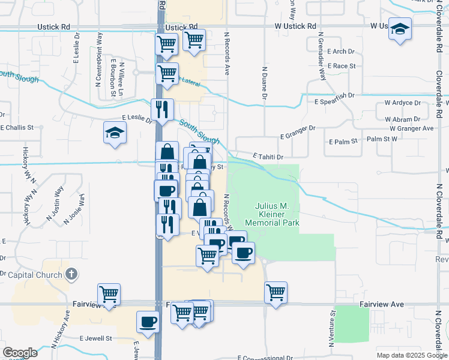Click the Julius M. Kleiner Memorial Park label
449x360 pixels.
tap(277, 214)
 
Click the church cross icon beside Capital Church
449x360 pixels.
tap(71, 275)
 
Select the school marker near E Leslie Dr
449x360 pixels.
tap(114, 133)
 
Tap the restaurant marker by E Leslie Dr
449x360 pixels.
tap(162, 110)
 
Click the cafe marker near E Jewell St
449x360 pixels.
tap(148, 322)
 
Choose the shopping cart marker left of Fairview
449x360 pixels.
tap(109, 295)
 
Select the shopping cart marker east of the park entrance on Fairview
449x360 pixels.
tap(276, 293)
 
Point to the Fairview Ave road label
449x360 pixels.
tap(382, 305)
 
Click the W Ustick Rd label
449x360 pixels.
tap(296, 26)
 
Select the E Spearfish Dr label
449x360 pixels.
tap(334, 95)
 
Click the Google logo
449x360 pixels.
tap(20, 353)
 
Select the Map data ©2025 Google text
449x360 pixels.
tap(412, 355)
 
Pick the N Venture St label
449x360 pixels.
tap(331, 329)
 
